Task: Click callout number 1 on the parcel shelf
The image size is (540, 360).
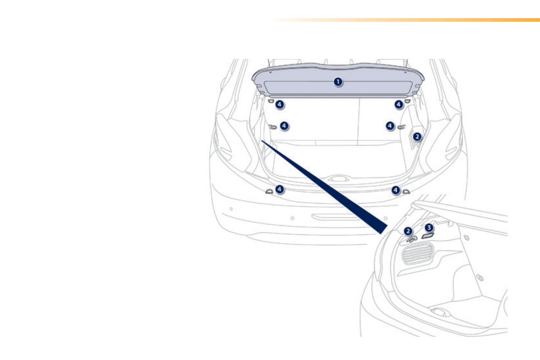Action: click(338, 82)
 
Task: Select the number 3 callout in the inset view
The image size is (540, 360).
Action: click(429, 228)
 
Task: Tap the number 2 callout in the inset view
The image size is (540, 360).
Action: click(409, 231)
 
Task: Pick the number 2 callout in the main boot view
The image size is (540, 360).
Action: click(417, 136)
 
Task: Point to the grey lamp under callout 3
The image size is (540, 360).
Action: click(428, 236)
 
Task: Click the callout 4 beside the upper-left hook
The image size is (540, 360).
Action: click(280, 105)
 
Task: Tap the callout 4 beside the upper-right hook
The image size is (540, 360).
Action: click(399, 105)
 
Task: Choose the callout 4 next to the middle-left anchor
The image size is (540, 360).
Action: click(284, 126)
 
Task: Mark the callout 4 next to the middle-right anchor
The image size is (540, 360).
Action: click(390, 126)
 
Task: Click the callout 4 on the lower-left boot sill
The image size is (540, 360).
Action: click(280, 189)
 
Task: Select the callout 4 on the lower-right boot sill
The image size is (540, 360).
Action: click(396, 190)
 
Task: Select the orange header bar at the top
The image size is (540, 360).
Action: click(408, 20)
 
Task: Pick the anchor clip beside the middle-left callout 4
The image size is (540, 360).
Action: click(273, 127)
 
